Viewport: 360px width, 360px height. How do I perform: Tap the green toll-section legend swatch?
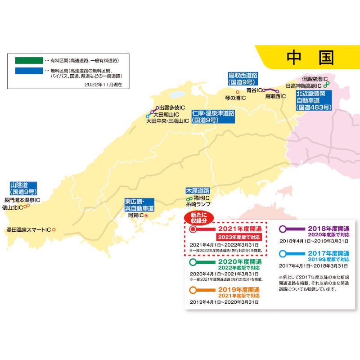[27, 60]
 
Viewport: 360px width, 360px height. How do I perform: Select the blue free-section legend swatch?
[27, 71]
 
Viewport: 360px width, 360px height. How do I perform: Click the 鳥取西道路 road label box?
[242, 78]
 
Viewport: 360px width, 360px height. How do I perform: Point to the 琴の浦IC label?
[235, 98]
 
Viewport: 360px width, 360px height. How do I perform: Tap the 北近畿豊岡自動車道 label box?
[314, 100]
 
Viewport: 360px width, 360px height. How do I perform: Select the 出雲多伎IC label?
[170, 108]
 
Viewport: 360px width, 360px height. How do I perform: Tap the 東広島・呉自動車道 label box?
[139, 205]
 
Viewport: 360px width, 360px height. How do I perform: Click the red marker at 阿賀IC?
[146, 215]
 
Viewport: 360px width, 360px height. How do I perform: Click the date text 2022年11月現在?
[103, 84]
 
